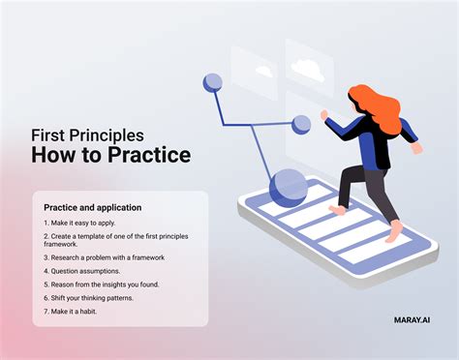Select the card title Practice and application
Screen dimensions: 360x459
point(92,207)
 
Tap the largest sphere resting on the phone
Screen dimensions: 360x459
point(288,186)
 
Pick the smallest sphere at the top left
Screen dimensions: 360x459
point(213,83)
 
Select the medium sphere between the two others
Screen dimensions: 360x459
point(301,125)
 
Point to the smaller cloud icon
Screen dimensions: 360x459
point(262,71)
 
